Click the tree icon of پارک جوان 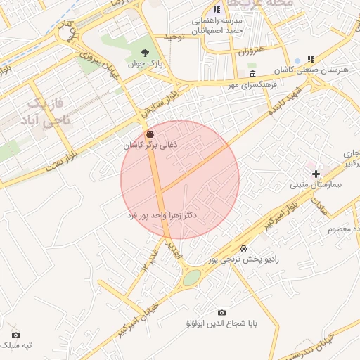[x=145, y=53]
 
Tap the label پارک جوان [x=145, y=64]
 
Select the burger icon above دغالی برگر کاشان [x=149, y=134]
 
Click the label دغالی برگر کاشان [x=151, y=145]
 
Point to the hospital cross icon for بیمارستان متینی [x=316, y=174]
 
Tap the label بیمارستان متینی [x=315, y=186]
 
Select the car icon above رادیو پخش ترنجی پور [x=243, y=249]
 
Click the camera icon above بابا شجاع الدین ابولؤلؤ [x=222, y=312]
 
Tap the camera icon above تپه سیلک [x=15, y=335]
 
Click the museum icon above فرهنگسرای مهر [x=252, y=75]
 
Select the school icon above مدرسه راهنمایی [x=217, y=9]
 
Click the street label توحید [x=174, y=35]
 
